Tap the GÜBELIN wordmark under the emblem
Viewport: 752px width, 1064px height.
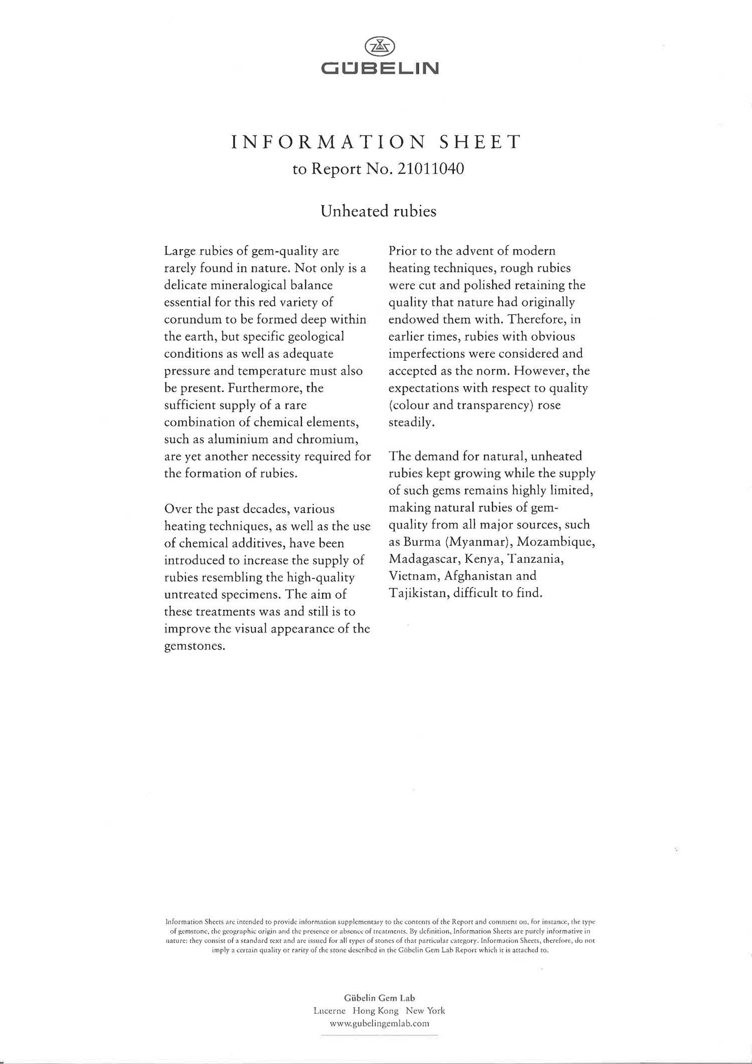(380, 68)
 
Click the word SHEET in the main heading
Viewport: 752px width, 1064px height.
(480, 142)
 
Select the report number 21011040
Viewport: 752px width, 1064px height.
(430, 169)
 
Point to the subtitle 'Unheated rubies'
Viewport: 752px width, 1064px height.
(379, 211)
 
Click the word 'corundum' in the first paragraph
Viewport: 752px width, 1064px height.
(193, 320)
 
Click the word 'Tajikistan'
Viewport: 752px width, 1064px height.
(419, 593)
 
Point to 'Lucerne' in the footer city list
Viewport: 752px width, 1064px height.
(329, 1011)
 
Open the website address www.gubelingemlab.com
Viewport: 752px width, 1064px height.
(380, 1023)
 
